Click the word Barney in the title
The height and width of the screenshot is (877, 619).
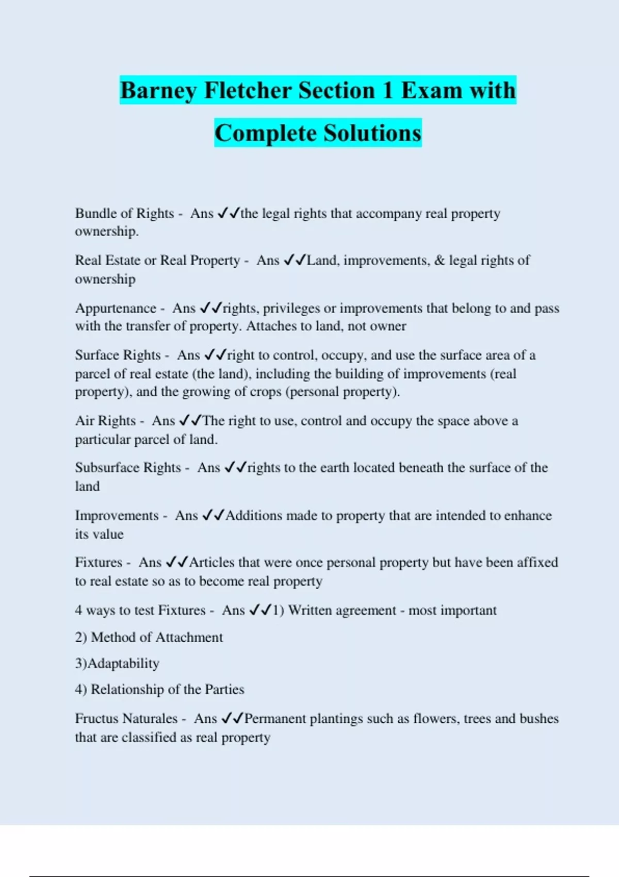(158, 91)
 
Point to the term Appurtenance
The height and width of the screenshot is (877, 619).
(116, 308)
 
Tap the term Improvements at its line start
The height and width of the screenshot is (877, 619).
(117, 516)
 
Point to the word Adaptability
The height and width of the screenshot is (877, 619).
(123, 663)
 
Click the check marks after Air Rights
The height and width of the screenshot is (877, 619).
(190, 421)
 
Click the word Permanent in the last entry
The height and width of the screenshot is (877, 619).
(275, 719)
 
